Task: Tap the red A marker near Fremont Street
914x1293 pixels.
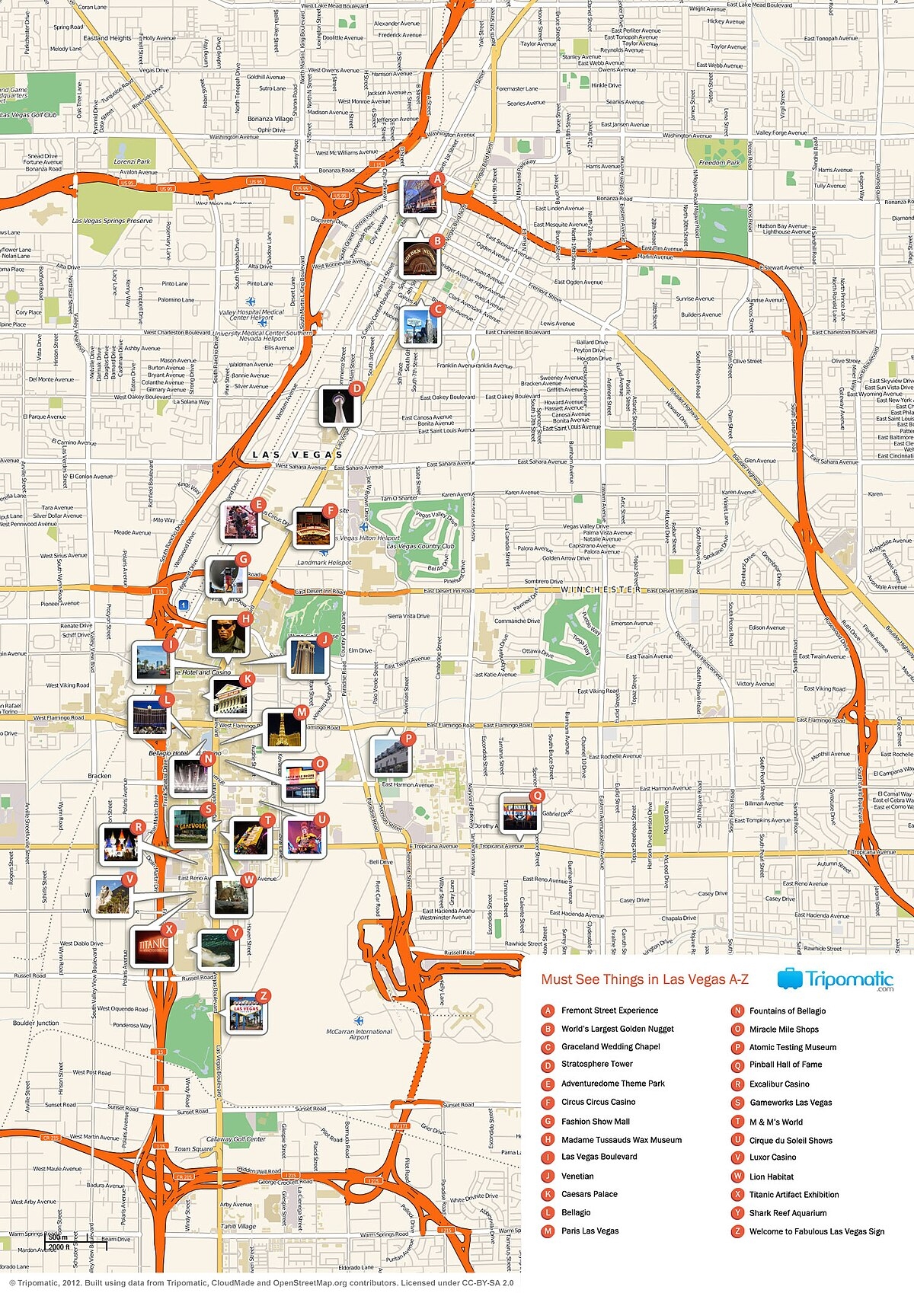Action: click(x=437, y=180)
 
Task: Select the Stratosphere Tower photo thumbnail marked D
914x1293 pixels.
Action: click(x=337, y=405)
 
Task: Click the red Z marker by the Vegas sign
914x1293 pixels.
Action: click(x=263, y=995)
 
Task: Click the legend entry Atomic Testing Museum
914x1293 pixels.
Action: click(x=792, y=1047)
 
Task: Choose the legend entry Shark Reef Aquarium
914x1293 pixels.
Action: click(x=788, y=1213)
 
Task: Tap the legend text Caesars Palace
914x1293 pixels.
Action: click(x=589, y=1194)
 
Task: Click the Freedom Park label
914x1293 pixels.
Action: click(x=719, y=162)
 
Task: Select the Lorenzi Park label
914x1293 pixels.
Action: click(x=133, y=161)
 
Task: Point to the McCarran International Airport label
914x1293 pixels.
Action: click(x=359, y=1034)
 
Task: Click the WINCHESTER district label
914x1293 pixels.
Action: click(x=601, y=590)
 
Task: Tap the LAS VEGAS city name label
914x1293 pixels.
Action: click(x=298, y=455)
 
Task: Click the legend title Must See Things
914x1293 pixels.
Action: click(x=644, y=979)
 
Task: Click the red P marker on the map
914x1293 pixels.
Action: click(x=408, y=738)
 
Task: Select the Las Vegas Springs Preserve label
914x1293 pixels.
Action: click(x=113, y=221)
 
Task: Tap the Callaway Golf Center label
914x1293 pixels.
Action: click(x=236, y=1139)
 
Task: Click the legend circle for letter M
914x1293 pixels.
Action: click(x=547, y=1231)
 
